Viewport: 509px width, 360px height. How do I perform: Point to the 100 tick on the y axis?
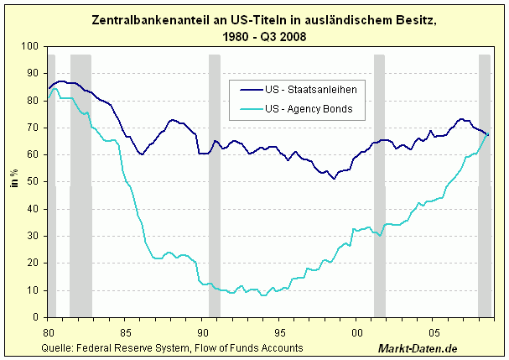[30, 46]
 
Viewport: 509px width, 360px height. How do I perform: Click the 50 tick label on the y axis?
[33, 181]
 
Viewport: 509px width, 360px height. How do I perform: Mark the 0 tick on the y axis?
[36, 317]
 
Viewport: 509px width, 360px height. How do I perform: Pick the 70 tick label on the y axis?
[33, 128]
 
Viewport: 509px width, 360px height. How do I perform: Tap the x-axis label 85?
[125, 333]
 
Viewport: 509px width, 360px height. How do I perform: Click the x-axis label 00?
[356, 333]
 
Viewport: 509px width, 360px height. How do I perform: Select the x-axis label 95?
[279, 333]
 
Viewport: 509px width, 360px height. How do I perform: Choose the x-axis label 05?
[434, 333]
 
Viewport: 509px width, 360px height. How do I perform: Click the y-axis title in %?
[14, 178]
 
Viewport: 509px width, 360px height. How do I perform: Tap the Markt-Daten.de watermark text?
[418, 348]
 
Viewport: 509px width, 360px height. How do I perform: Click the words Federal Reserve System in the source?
[133, 348]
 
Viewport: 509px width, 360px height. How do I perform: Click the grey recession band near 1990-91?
[215, 185]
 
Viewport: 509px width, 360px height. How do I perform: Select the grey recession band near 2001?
[380, 185]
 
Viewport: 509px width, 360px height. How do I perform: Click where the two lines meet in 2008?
[487, 134]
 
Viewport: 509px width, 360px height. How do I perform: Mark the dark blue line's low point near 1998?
[334, 179]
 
